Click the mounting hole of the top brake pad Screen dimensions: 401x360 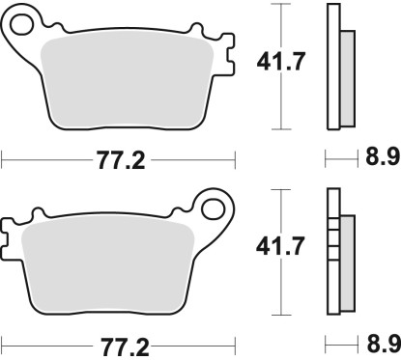click(x=21, y=25)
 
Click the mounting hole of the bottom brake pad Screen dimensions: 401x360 click(x=213, y=209)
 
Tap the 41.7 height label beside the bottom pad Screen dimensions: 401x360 click(x=280, y=246)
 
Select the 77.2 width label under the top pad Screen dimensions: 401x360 click(x=121, y=160)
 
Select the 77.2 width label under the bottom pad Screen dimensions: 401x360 click(x=125, y=346)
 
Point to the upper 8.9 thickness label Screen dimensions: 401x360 click(x=383, y=158)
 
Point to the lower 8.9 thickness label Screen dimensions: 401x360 click(x=384, y=344)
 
